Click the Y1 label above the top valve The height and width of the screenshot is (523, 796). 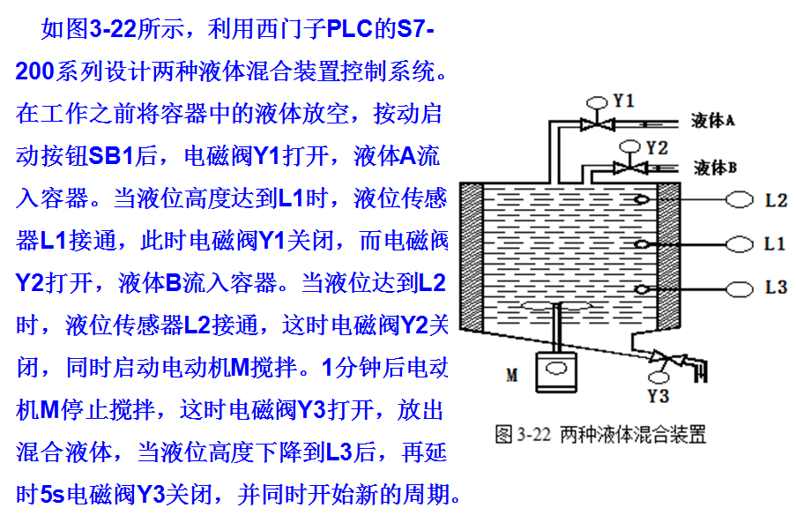pos(623,101)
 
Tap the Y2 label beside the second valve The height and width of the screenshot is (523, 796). pos(657,147)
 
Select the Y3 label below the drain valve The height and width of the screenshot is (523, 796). pos(658,394)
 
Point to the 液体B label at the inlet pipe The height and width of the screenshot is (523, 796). pos(715,166)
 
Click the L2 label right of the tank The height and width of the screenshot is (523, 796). pos(775,200)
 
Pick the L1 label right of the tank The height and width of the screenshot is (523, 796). pos(775,243)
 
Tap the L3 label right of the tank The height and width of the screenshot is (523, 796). pos(775,288)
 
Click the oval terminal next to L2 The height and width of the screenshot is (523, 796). pos(739,200)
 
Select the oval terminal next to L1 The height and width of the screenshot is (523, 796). pos(739,243)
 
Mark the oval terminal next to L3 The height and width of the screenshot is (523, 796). pos(739,288)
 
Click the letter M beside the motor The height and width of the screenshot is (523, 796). pos(512,376)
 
